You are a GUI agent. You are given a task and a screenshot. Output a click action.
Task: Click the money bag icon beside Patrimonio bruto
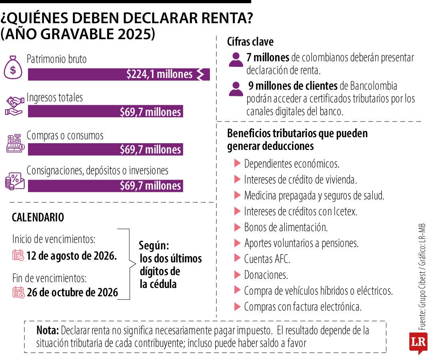(x=13, y=68)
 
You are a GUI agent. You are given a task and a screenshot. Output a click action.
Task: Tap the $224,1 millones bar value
(x=159, y=74)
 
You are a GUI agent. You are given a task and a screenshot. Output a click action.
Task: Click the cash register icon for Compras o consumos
(x=16, y=143)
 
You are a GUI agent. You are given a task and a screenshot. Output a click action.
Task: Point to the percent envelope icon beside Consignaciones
(x=15, y=181)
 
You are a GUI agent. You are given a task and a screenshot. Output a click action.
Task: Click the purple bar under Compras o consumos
(x=106, y=149)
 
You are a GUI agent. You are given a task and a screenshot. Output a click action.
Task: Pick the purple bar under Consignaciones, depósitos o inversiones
(x=106, y=186)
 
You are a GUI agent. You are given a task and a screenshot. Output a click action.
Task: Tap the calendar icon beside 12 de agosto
(x=18, y=255)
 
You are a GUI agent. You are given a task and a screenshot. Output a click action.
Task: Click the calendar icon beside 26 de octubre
(x=18, y=292)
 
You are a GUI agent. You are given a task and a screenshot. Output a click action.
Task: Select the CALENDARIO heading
(x=38, y=217)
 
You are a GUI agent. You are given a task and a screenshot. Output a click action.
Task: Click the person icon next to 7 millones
(x=236, y=60)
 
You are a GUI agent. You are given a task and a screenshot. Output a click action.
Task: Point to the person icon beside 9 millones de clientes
(x=236, y=89)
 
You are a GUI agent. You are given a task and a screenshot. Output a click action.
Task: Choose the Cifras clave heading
(x=250, y=42)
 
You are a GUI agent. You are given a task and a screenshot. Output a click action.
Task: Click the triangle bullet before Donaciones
(x=238, y=275)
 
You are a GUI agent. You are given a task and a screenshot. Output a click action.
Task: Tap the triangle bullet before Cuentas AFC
(x=238, y=259)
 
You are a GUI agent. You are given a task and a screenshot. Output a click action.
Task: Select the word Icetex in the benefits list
(x=345, y=212)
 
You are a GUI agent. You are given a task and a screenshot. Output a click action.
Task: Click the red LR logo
(x=418, y=343)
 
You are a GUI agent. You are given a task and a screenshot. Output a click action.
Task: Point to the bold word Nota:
(x=47, y=330)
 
